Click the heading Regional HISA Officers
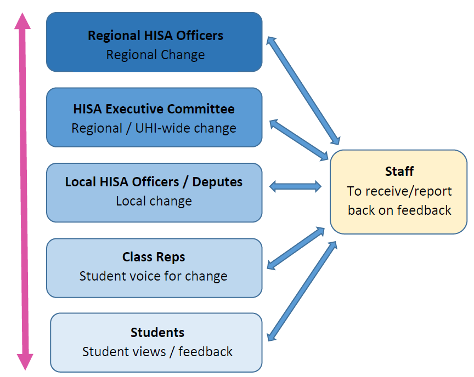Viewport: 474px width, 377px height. [155, 36]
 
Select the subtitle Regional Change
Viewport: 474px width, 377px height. [155, 55]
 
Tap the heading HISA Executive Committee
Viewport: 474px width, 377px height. [154, 109]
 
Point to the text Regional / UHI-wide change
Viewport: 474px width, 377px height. [154, 128]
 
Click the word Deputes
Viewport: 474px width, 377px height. [217, 182]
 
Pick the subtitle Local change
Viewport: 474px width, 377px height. [154, 201]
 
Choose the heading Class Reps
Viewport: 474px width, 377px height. [154, 257]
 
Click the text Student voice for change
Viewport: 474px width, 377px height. [153, 276]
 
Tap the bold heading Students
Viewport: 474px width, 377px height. [157, 333]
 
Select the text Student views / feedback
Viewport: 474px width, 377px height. [157, 352]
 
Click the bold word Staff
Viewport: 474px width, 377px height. [399, 172]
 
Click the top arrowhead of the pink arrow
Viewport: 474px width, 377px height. [22, 21]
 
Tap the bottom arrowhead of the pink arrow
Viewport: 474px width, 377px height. [25, 362]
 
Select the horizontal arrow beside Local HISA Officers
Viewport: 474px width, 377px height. [295, 186]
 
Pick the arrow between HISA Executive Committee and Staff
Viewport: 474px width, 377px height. [299, 140]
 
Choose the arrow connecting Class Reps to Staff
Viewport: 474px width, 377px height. [296, 248]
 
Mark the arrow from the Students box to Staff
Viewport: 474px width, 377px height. [302, 292]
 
